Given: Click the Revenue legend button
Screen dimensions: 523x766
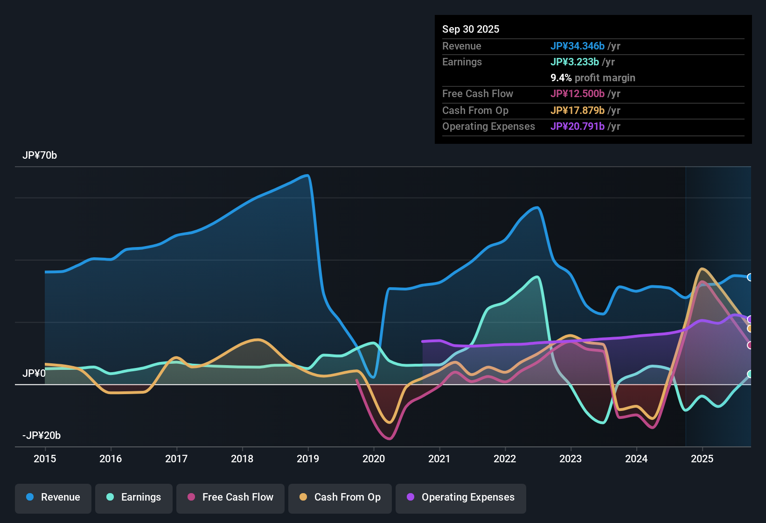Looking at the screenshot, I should click(x=53, y=497).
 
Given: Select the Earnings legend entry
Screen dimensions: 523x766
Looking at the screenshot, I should click(x=134, y=497).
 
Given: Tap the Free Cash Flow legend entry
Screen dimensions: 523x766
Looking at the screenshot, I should click(x=230, y=497).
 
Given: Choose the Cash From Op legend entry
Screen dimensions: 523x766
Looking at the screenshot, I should click(x=340, y=497).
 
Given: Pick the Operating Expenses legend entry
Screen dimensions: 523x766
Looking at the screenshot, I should click(x=461, y=497).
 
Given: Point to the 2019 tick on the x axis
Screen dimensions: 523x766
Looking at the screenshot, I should click(x=308, y=459).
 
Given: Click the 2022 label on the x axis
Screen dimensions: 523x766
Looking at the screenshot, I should click(x=505, y=459).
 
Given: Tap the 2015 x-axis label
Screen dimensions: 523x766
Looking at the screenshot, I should click(x=45, y=459).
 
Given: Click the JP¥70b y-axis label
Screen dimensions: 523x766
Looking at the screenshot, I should click(x=40, y=155).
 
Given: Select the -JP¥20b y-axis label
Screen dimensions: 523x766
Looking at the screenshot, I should click(x=42, y=436).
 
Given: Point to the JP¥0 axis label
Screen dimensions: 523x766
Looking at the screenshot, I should click(x=34, y=374).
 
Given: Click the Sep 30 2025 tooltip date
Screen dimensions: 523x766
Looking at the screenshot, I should click(x=470, y=29).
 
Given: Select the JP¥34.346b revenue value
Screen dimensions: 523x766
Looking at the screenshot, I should click(x=577, y=46).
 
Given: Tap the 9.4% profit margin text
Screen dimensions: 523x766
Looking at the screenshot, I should click(x=592, y=78).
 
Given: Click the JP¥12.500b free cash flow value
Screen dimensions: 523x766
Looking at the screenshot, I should click(x=577, y=94).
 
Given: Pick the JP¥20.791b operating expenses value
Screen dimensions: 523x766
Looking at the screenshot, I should click(x=577, y=127).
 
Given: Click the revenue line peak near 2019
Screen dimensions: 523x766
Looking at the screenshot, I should click(x=306, y=176).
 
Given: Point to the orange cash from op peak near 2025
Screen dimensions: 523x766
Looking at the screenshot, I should click(x=702, y=269).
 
